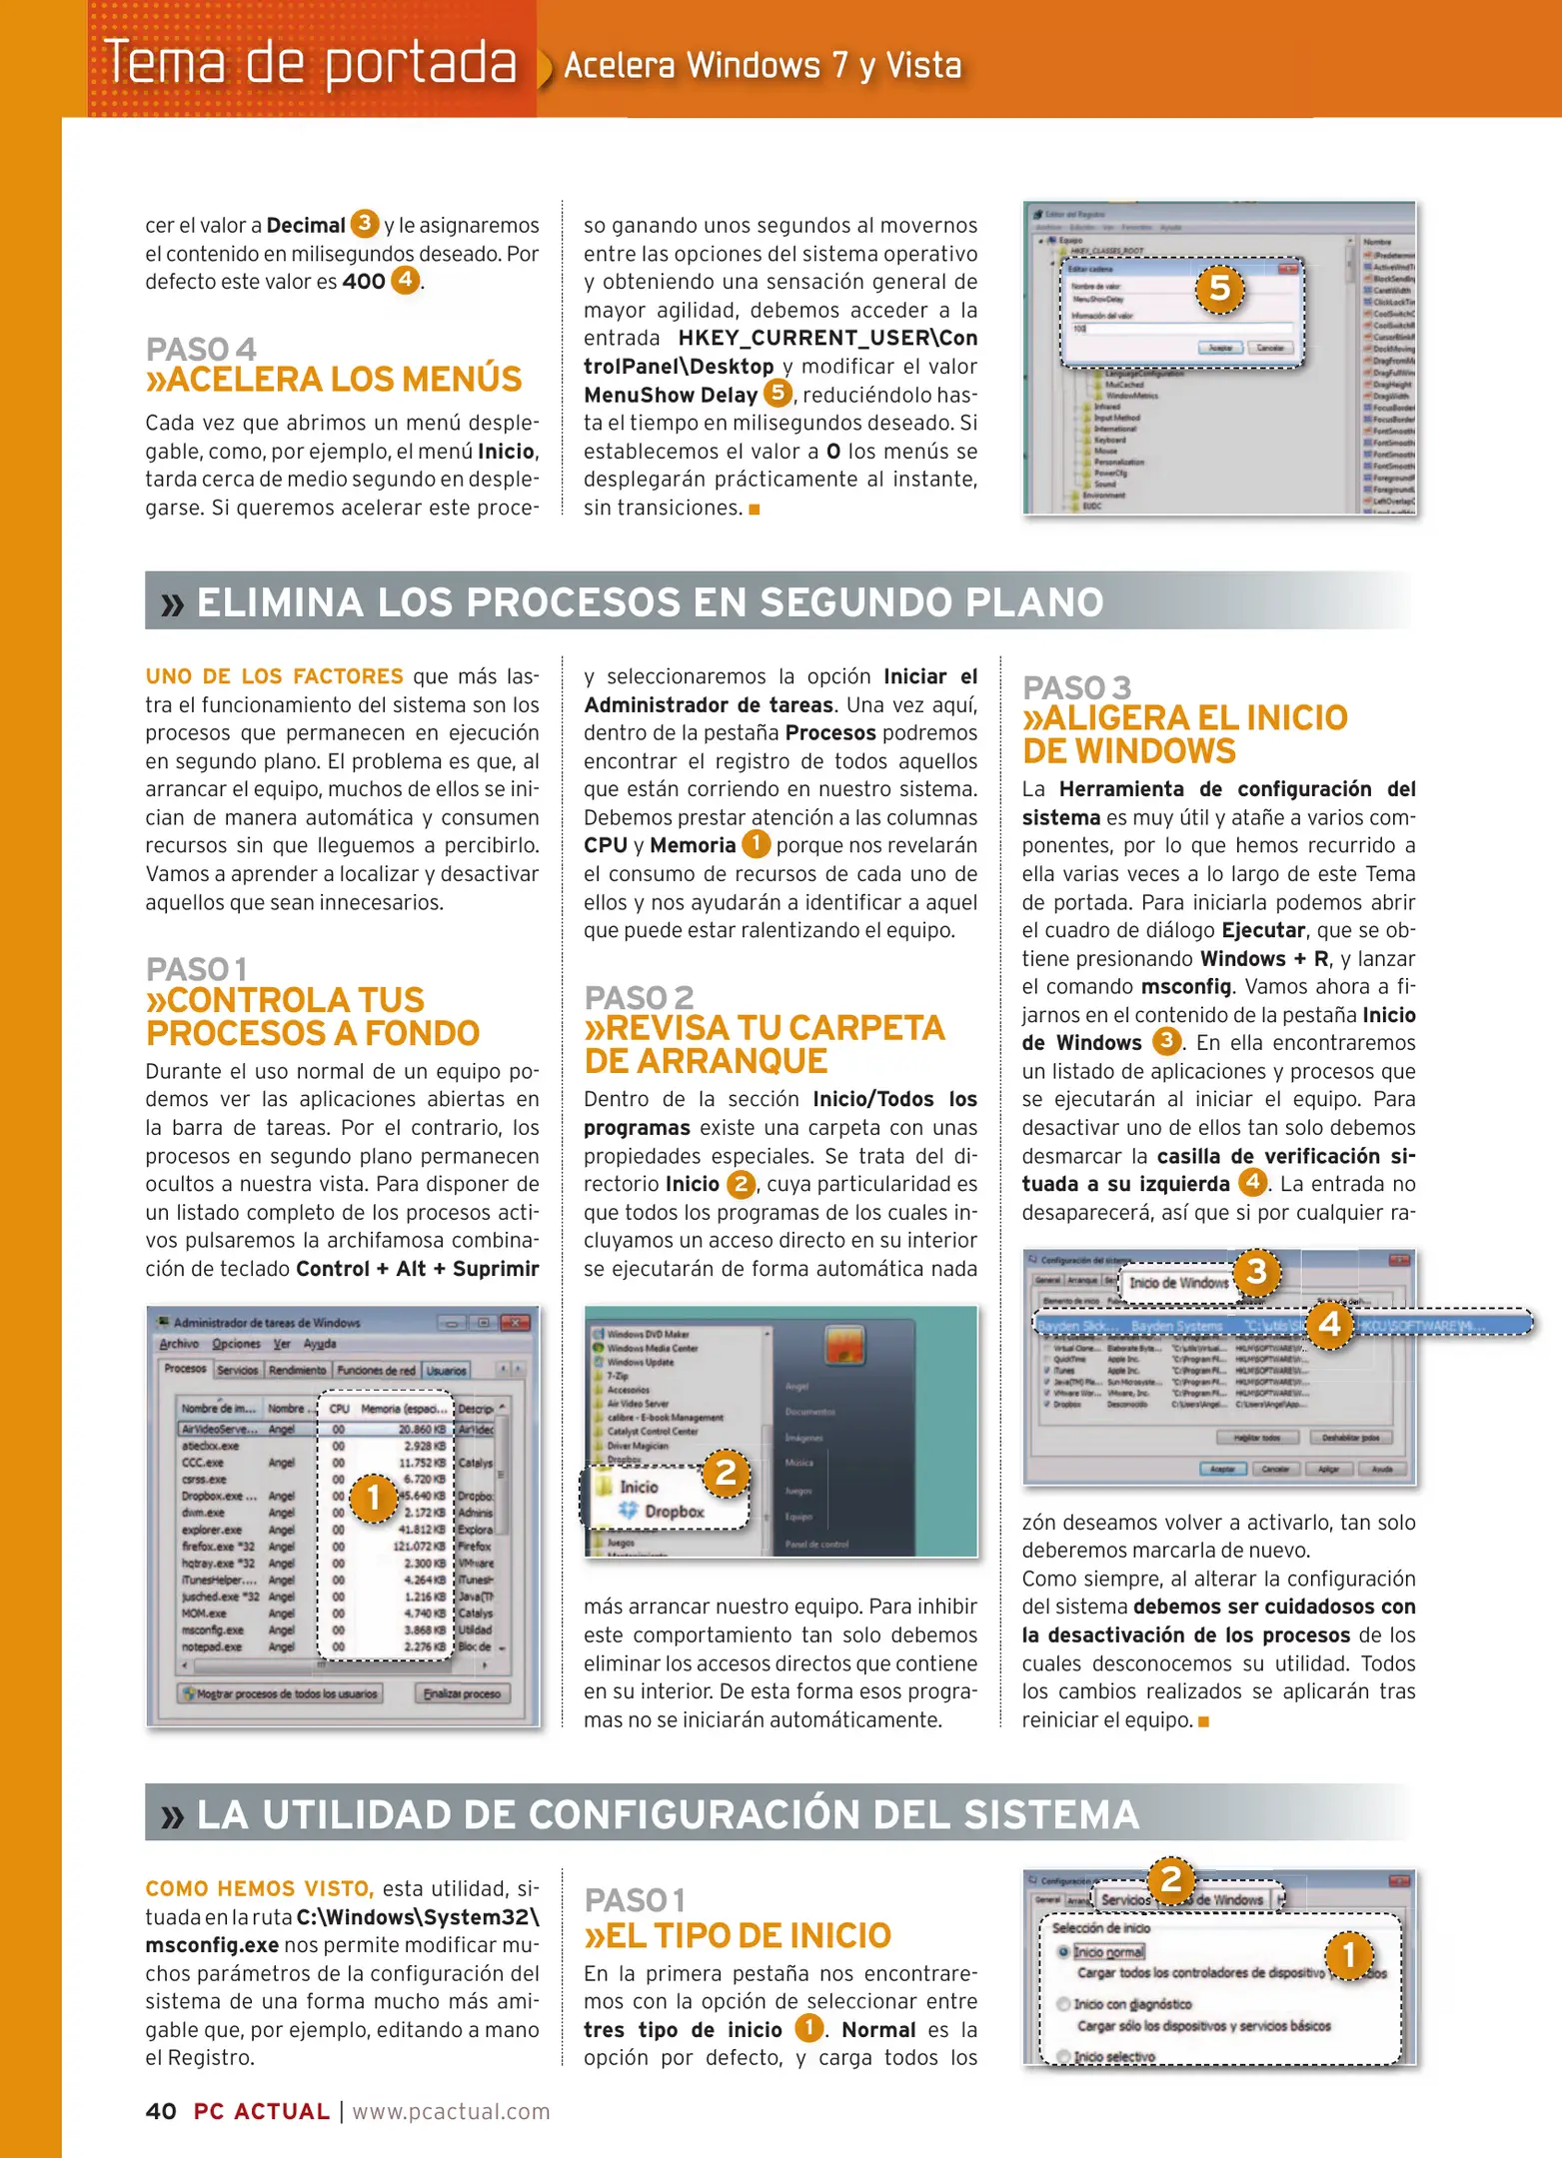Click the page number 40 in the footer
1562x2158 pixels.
pos(161,2111)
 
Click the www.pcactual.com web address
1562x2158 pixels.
pos(451,2111)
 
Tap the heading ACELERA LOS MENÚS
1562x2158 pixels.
pos(334,380)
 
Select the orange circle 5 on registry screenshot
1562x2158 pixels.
pos(1219,289)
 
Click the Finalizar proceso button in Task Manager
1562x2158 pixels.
pos(463,1693)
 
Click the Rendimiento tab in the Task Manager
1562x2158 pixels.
pos(297,1370)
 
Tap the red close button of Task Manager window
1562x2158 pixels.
pos(516,1323)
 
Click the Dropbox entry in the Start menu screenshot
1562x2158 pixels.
pos(674,1512)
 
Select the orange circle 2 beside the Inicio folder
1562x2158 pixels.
pos(726,1472)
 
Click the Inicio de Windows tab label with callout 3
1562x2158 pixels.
pos(1178,1283)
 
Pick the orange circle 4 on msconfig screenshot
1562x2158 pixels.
pos(1329,1325)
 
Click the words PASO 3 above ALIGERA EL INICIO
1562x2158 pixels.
pos(1076,687)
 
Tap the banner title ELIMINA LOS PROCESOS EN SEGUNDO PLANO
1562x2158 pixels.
pos(650,602)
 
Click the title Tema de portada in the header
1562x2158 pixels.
pos(311,62)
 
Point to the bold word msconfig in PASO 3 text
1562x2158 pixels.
pos(1186,986)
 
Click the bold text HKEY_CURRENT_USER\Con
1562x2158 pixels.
pos(826,338)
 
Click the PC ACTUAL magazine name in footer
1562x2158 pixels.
pos(261,2111)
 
